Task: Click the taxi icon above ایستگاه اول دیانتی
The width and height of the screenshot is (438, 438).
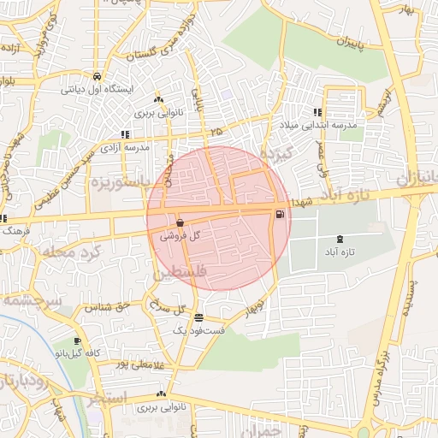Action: (x=96, y=76)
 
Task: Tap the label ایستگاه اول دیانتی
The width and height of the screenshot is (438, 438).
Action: (x=95, y=88)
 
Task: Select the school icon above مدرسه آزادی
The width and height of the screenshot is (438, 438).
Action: (x=126, y=134)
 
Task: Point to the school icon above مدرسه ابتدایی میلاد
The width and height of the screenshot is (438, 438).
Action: (x=317, y=112)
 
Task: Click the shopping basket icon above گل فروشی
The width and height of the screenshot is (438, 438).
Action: (x=180, y=222)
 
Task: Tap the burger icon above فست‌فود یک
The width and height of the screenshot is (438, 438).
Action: (x=198, y=318)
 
